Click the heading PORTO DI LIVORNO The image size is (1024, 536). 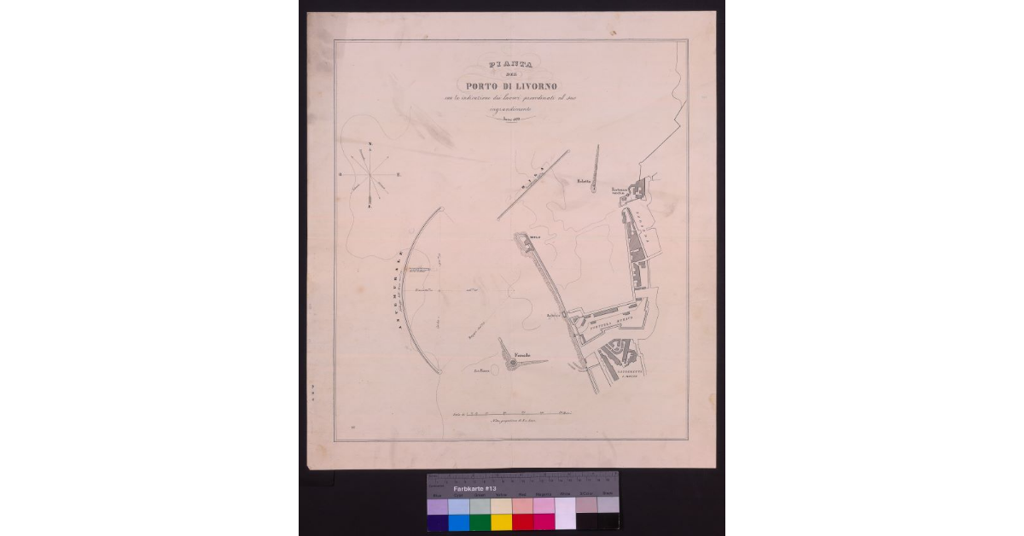click(511, 85)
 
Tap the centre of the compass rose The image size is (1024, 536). click(369, 174)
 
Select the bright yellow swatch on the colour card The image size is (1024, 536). click(501, 521)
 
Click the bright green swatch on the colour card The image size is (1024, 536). click(480, 521)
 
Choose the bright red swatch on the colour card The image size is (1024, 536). click(522, 521)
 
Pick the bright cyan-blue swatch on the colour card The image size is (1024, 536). click(458, 521)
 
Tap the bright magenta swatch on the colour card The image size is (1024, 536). click(544, 521)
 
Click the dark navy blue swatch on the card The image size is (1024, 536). click(437, 521)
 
